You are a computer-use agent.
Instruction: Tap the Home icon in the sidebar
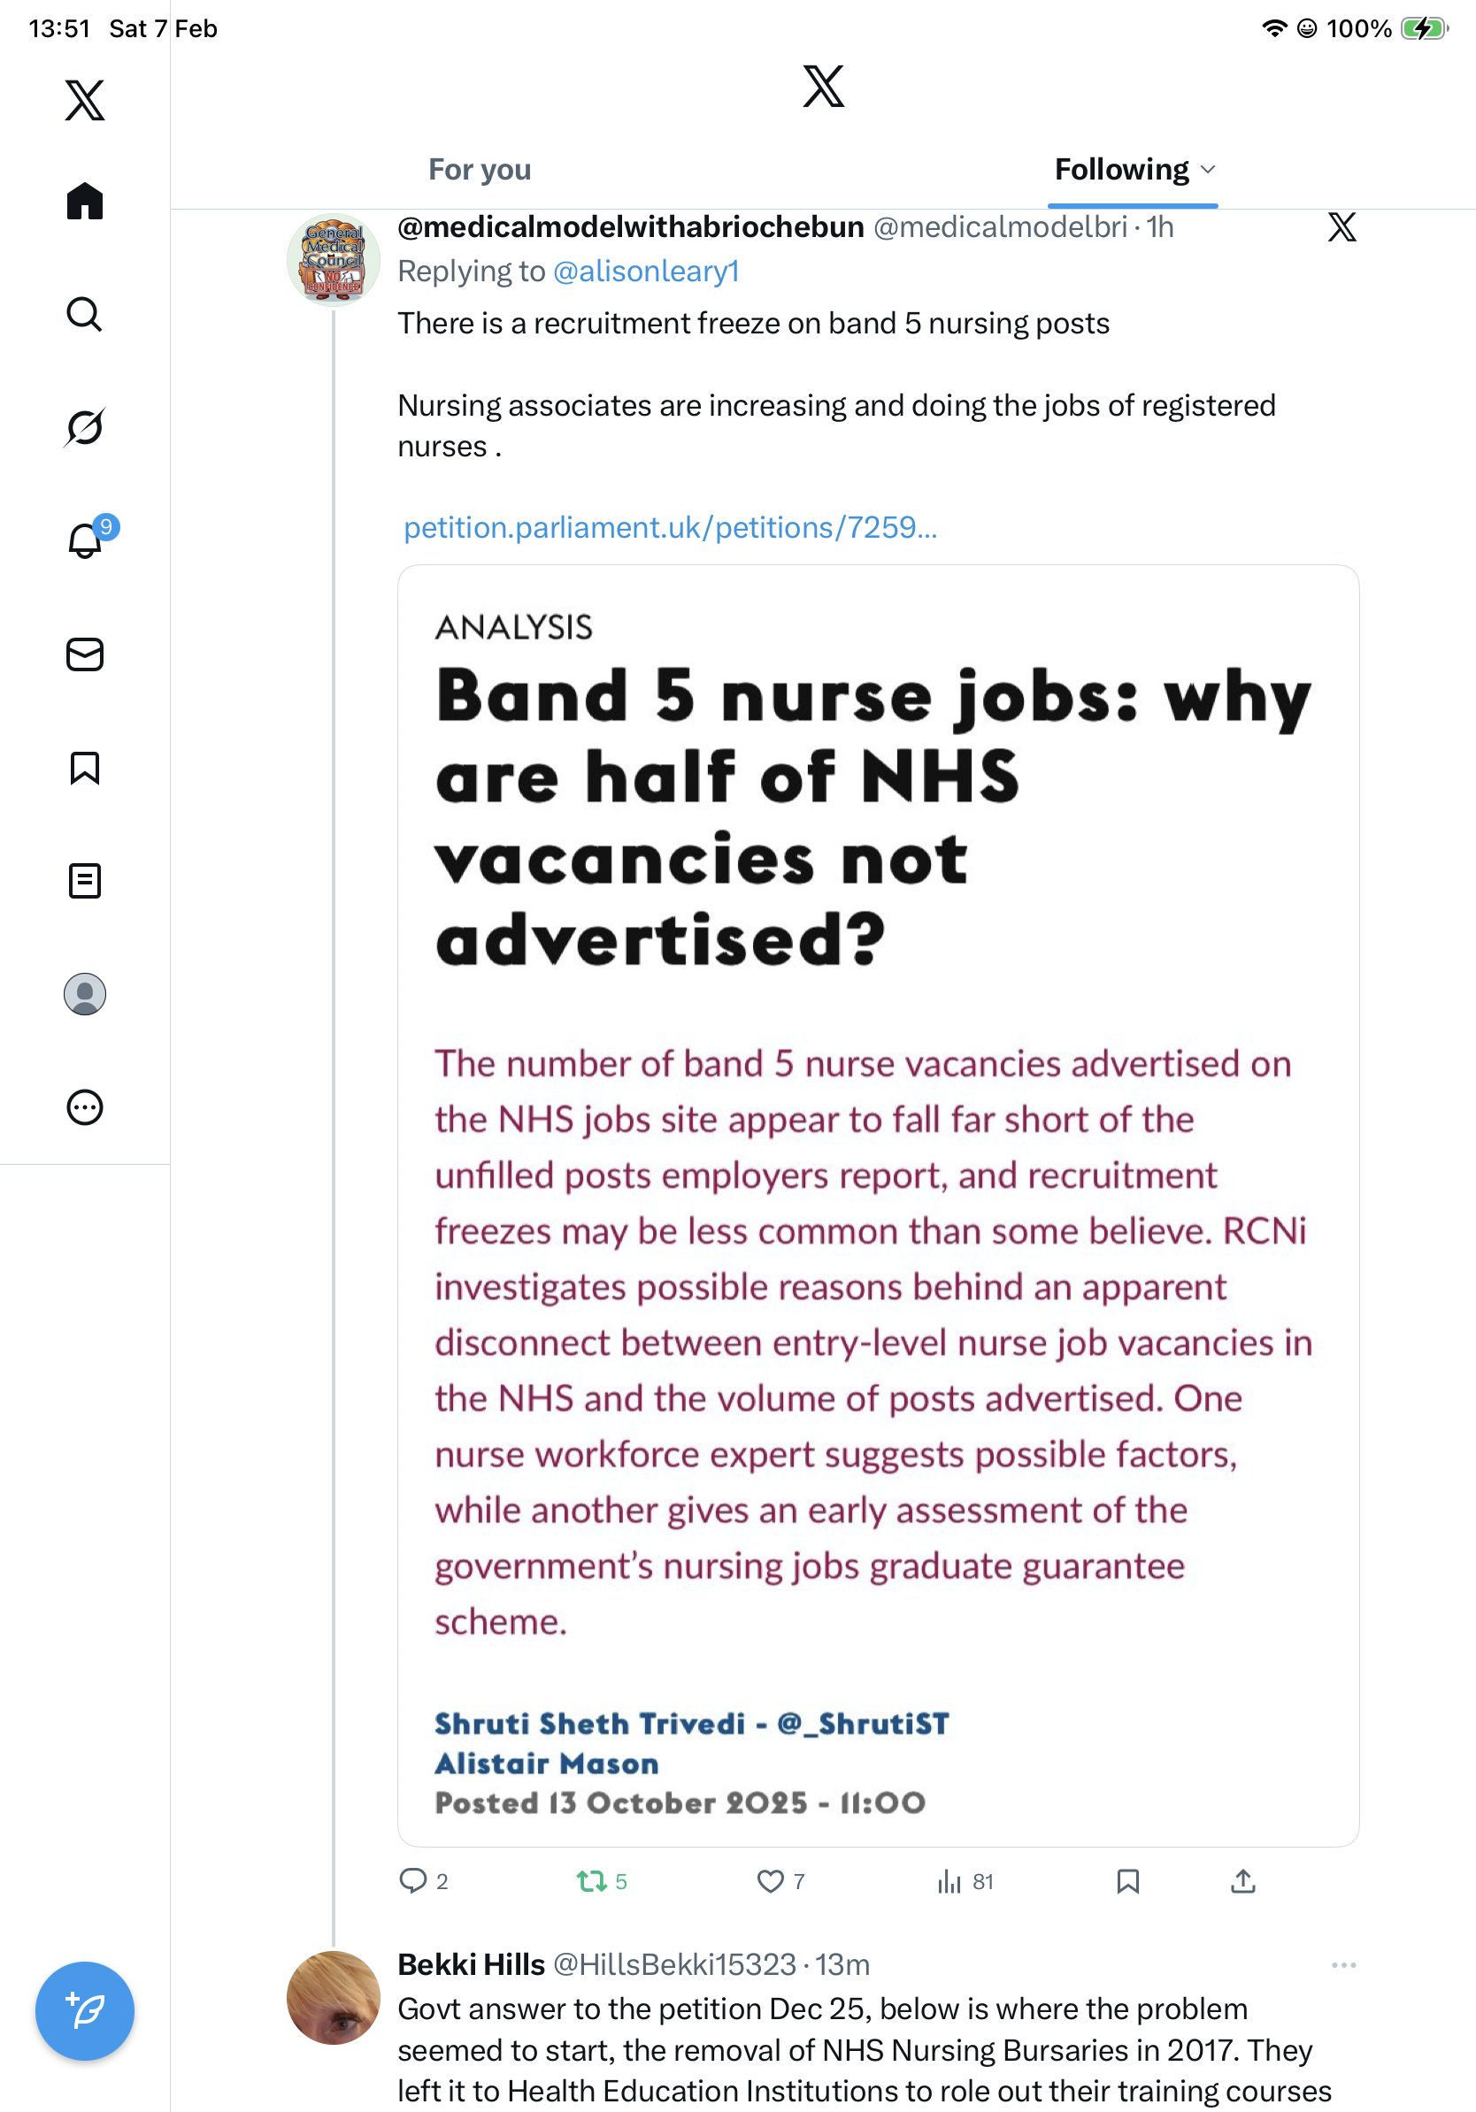[85, 201]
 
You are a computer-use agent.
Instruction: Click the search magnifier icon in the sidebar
[85, 315]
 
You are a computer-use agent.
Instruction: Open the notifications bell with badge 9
[86, 540]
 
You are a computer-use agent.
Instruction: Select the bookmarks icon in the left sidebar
[85, 768]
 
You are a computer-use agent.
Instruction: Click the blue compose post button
[85, 2010]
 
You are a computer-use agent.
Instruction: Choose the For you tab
[480, 170]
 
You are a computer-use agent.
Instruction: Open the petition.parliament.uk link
[670, 528]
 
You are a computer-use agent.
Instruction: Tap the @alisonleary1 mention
[646, 272]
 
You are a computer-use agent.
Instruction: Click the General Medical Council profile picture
[333, 260]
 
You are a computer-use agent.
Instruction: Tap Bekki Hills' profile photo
[333, 1997]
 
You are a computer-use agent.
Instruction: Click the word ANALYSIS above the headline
[513, 627]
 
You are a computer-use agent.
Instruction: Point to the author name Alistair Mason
[547, 1764]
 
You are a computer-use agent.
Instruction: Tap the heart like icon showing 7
[770, 1881]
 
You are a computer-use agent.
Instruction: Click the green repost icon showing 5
[591, 1881]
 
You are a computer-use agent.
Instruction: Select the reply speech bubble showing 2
[412, 1881]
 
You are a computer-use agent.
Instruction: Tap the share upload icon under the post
[1242, 1881]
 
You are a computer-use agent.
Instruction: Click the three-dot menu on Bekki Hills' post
[1343, 1965]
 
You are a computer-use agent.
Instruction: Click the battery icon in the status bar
[1423, 28]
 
